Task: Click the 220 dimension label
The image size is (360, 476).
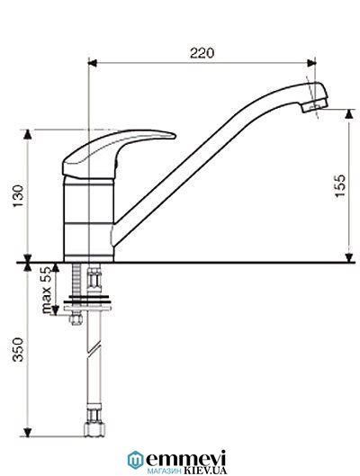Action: (x=202, y=53)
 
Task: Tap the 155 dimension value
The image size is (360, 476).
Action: (x=340, y=185)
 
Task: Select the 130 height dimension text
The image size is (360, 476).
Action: (x=18, y=196)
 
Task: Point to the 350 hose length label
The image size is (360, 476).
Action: (x=18, y=349)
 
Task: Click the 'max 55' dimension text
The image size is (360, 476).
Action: (x=47, y=290)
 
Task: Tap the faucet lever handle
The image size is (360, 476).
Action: (x=119, y=153)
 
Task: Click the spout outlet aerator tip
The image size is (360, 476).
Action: (x=315, y=106)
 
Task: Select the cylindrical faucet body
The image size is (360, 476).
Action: (x=88, y=220)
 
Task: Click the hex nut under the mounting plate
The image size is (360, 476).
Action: (x=76, y=319)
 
